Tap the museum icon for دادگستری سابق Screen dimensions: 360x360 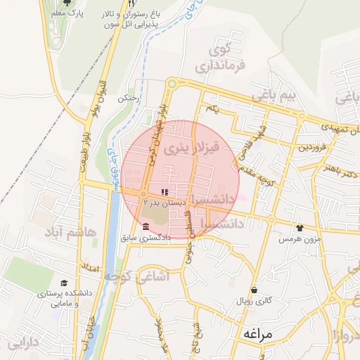[146, 226]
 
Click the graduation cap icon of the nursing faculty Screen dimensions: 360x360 [64, 282]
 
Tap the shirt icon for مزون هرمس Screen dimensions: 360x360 [300, 228]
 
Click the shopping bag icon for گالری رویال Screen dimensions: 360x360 [253, 290]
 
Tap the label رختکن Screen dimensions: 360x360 [128, 98]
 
